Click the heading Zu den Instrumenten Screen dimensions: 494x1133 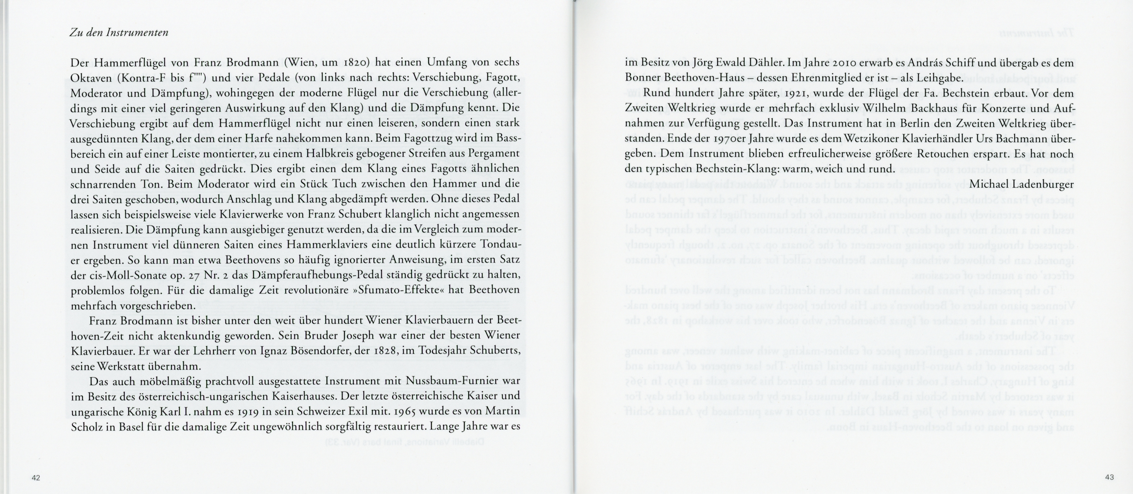(119, 33)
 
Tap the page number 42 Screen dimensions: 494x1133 (36, 478)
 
